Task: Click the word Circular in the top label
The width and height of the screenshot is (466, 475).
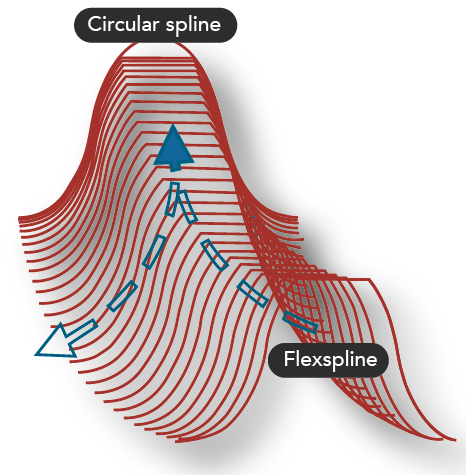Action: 123,24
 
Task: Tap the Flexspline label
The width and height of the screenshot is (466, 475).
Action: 329,360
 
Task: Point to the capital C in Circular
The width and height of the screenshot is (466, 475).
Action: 94,25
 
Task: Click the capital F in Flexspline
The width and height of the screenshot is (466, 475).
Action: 289,359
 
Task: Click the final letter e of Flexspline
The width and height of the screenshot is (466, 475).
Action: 372,361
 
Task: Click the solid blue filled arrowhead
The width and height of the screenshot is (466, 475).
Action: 173,148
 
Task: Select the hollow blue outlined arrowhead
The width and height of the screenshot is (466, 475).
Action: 56,342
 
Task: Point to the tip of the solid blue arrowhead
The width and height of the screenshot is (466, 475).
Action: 173,125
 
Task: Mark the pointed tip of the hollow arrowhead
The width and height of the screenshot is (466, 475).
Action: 36,355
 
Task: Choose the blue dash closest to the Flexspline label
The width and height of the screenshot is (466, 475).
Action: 300,322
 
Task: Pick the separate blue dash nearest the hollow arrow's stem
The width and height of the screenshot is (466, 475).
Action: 122,296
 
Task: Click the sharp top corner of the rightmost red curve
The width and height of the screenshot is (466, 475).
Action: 370,279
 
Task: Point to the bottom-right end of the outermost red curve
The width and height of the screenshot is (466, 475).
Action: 455,440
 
